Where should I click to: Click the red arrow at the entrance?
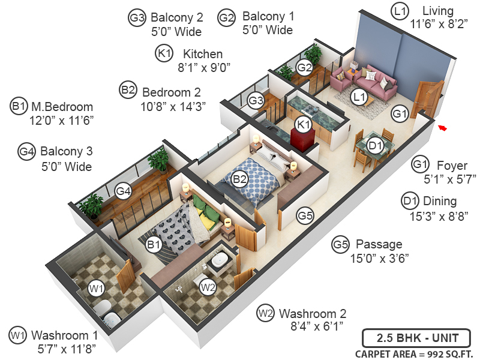point(442,127)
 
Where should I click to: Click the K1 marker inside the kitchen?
point(304,124)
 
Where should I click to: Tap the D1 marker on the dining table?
point(376,145)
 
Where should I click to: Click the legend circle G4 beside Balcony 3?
point(26,151)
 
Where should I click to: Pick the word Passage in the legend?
point(379,244)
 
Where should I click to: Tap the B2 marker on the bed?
point(240,178)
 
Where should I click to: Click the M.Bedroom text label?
point(62,107)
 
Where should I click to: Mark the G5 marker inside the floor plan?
point(305,214)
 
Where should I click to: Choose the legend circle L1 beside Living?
point(400,11)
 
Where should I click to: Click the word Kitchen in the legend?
point(203,54)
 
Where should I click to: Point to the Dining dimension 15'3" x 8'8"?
point(435,215)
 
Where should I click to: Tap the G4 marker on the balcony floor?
point(124,192)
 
